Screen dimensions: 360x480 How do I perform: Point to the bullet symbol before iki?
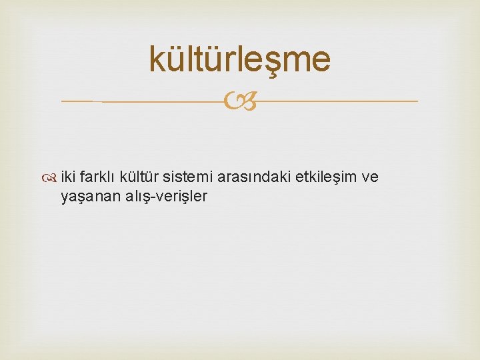(x=52, y=177)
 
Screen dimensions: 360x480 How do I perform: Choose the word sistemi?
(x=188, y=177)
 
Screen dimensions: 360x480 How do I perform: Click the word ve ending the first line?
(x=370, y=177)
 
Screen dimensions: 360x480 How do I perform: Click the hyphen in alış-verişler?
(x=154, y=197)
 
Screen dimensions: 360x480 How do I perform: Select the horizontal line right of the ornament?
(x=337, y=101)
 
